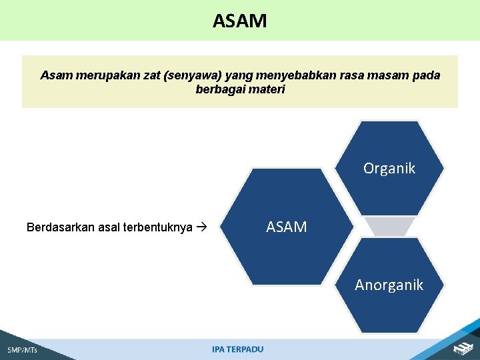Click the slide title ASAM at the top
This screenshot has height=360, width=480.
[x=240, y=21]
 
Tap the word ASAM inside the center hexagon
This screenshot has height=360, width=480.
[x=287, y=227]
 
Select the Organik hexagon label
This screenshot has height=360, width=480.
[x=389, y=169]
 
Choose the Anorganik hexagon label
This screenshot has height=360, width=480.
[x=389, y=285]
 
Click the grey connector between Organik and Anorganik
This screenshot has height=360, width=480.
[x=392, y=227]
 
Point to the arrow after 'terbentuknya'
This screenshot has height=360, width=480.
[x=203, y=227]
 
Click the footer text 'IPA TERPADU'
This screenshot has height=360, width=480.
[x=238, y=349]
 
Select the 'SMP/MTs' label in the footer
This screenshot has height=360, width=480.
[x=22, y=350]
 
